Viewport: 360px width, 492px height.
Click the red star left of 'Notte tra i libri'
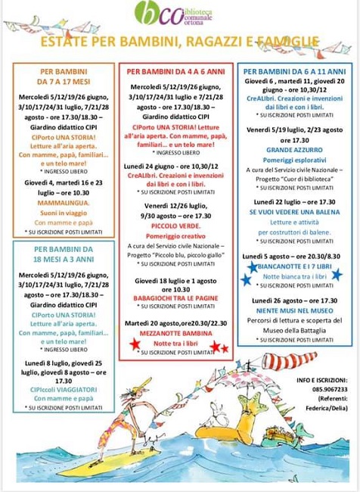point(135,344)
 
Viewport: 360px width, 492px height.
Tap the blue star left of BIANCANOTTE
point(253,266)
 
